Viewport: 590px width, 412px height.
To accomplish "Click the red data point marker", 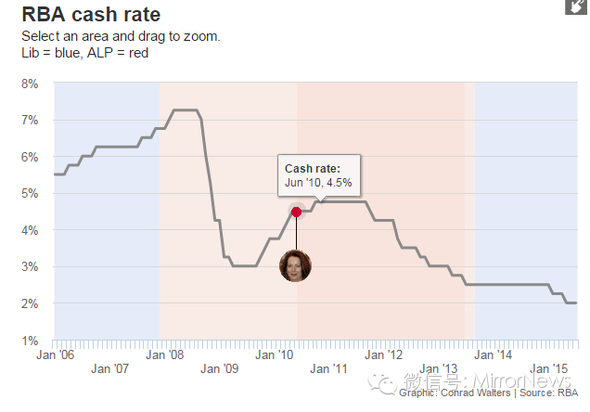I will pos(296,212).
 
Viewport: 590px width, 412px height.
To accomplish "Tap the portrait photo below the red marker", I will pos(295,265).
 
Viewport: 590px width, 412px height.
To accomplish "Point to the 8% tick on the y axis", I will pos(30,84).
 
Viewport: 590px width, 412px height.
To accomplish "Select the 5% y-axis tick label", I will pos(30,194).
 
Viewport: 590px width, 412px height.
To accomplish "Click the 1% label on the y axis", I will pos(30,341).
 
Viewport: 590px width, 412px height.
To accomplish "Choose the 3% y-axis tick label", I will pos(30,267).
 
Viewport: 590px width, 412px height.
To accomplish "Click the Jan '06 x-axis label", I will pos(55,354).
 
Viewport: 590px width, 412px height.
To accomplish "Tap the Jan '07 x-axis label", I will pos(109,368).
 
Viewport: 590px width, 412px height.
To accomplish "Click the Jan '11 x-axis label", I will pos(328,368).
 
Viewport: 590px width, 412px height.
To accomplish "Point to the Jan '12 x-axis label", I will pos(383,354).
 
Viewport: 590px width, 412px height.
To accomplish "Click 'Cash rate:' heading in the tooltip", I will pos(313,169).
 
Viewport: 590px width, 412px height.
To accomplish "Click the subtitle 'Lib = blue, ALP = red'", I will pos(85,52).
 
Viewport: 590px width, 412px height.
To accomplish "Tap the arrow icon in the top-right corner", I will pos(575,6).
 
